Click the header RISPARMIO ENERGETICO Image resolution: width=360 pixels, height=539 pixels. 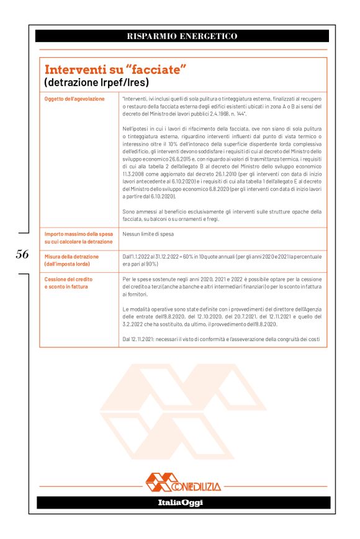click(x=182, y=37)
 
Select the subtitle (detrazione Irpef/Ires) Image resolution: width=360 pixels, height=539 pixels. click(x=96, y=82)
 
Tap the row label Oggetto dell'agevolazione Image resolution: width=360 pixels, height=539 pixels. click(x=74, y=99)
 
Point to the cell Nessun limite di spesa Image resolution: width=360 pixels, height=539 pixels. click(x=148, y=234)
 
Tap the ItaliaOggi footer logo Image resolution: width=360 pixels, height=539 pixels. click(x=180, y=502)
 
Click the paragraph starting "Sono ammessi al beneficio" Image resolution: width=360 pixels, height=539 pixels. click(x=222, y=215)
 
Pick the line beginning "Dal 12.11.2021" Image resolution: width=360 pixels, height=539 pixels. click(x=222, y=339)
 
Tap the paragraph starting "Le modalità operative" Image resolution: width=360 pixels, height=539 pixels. click(x=222, y=316)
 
